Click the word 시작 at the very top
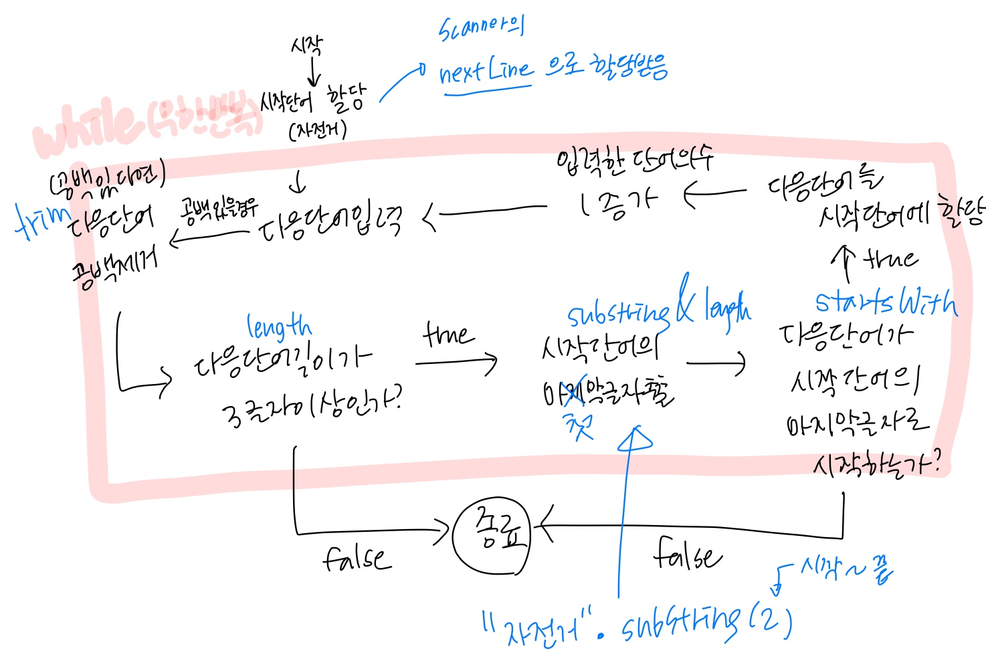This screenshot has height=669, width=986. click(307, 45)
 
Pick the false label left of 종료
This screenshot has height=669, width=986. click(357, 557)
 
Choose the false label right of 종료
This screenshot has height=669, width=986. click(687, 554)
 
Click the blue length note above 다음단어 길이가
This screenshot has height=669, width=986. click(278, 327)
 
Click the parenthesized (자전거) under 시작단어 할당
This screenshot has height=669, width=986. click(318, 130)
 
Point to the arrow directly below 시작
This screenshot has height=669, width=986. click(312, 72)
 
